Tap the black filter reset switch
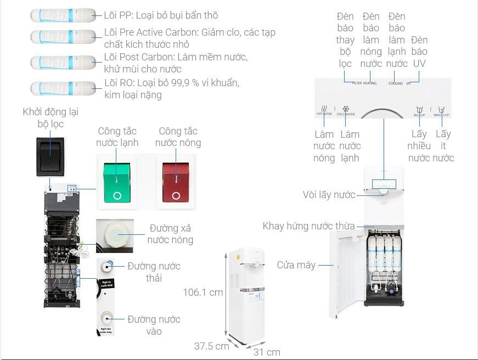(x=50, y=156)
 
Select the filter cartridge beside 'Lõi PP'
(x=63, y=15)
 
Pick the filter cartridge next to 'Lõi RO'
(x=63, y=88)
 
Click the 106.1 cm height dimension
(x=203, y=292)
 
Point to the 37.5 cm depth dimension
(x=211, y=346)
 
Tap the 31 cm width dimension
(x=267, y=352)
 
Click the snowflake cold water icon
(x=346, y=109)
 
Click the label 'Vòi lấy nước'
(x=329, y=195)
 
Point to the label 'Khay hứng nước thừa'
(x=308, y=226)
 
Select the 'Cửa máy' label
(x=296, y=265)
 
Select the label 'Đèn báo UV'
(x=419, y=52)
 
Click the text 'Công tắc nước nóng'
(x=178, y=137)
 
